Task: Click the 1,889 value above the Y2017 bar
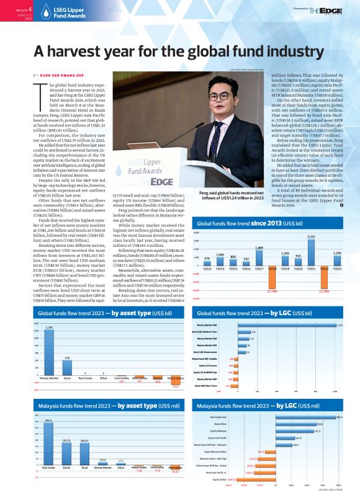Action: coord(259,247)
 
